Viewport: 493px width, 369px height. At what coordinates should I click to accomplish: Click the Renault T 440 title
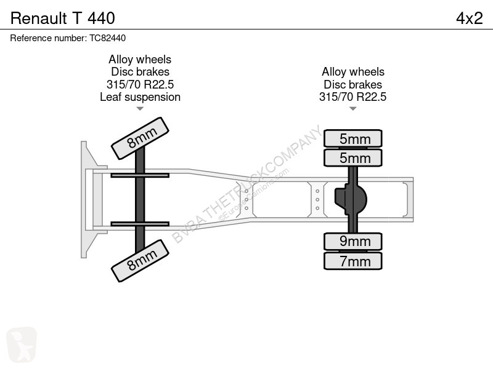pos(63,18)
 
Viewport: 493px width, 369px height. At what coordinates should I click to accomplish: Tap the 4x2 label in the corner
pos(469,18)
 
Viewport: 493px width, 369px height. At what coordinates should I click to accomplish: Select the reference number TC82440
pos(107,38)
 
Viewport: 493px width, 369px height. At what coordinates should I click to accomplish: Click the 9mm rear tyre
pos(352,242)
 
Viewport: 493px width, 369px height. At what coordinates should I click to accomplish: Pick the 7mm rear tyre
pos(352,261)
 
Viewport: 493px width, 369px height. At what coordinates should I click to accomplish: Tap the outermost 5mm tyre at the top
pos(352,138)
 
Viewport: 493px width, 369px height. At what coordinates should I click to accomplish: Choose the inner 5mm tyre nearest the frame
pos(352,157)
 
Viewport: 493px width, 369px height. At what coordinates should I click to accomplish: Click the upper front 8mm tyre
pos(141,138)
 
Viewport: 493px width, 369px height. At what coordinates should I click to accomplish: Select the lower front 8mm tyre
pos(141,261)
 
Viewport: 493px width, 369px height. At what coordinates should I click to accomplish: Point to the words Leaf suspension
pos(141,97)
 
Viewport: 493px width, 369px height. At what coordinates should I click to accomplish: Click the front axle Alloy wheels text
pos(140,59)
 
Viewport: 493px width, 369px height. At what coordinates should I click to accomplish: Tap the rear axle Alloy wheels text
pos(352,72)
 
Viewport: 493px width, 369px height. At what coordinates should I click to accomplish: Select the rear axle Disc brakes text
pos(352,84)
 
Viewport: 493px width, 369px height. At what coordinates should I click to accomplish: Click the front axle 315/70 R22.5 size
pos(141,84)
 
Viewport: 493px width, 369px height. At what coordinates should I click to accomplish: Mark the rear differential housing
pos(350,199)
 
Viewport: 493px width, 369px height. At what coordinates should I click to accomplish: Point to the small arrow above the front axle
pos(140,109)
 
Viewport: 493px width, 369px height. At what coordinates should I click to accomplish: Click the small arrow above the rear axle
pos(352,109)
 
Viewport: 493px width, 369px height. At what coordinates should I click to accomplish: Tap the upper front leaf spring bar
pos(140,175)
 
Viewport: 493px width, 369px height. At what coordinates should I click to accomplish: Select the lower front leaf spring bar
pos(140,224)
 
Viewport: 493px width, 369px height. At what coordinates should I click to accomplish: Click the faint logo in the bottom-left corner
pos(22,344)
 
